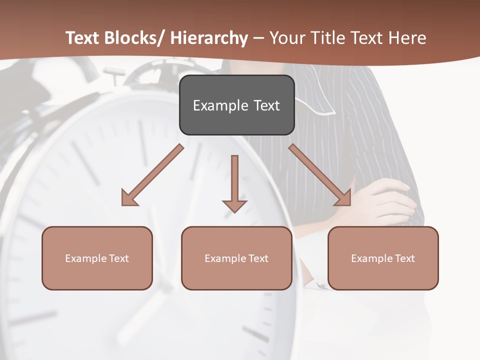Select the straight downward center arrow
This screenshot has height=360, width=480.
click(x=234, y=180)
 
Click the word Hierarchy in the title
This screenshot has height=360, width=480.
click(x=209, y=38)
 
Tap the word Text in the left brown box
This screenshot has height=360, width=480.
click(x=119, y=258)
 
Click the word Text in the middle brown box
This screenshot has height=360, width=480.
click(x=258, y=258)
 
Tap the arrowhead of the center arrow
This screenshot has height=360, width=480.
click(x=234, y=205)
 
